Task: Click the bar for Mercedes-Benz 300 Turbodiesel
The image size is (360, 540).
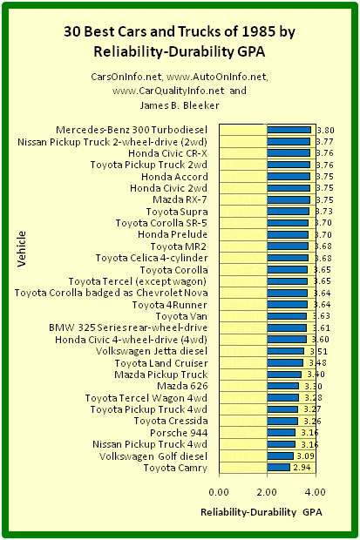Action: [289, 130]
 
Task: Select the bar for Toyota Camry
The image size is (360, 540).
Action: [279, 468]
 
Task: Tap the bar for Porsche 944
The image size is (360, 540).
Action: [281, 433]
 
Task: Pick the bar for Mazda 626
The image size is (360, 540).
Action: [282, 386]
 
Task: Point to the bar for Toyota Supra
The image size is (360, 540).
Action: [289, 212]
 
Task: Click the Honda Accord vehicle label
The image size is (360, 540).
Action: [174, 177]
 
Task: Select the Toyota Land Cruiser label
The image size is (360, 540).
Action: [161, 363]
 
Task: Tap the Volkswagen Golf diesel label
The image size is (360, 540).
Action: [153, 456]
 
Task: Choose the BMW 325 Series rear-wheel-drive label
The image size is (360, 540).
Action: [128, 327]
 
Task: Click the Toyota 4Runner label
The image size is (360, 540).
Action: [170, 305]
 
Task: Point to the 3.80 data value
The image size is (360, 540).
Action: [325, 130]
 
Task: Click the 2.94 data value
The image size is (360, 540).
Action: [302, 468]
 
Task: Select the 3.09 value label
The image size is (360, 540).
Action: [305, 456]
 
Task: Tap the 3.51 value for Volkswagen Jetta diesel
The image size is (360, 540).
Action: [318, 351]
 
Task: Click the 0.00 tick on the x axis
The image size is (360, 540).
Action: [219, 492]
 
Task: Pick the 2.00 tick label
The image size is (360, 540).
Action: [268, 492]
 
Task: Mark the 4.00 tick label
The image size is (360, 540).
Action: [316, 492]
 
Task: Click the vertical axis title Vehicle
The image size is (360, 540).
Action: [22, 248]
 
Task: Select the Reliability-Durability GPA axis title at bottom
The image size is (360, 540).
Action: [262, 512]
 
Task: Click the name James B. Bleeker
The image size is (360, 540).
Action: [180, 105]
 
